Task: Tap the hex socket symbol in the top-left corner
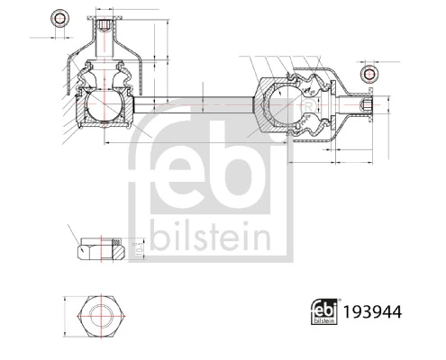[60, 18]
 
